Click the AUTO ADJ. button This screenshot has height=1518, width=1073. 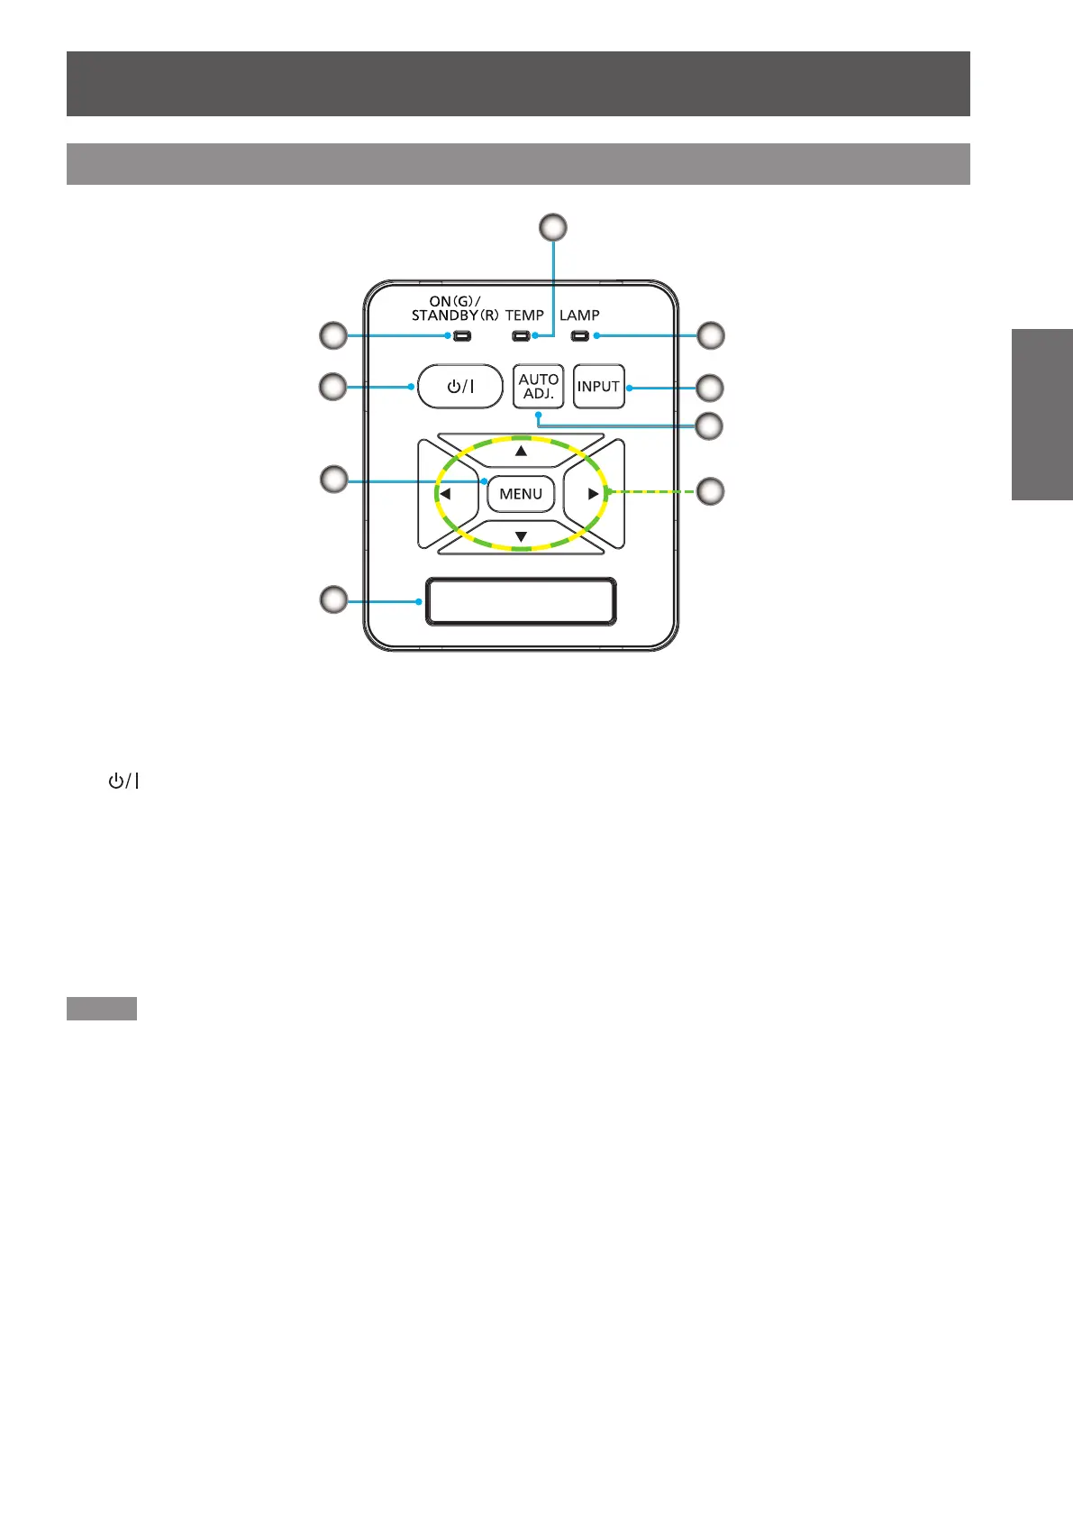pos(538,387)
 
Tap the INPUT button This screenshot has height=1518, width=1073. pos(598,387)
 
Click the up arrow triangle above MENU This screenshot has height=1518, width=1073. pos(521,450)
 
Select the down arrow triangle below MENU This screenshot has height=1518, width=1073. pos(521,537)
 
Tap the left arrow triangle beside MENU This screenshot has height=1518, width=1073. pos(444,494)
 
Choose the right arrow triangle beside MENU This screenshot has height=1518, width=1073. pos(593,494)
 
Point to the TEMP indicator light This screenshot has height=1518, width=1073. pos(520,336)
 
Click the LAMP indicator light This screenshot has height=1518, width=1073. pos(579,336)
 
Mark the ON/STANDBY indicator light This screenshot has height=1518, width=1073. pos(461,336)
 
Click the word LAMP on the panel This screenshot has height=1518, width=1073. pos(579,315)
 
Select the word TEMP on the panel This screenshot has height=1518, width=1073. pos(524,315)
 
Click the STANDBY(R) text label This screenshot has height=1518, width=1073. pos(454,315)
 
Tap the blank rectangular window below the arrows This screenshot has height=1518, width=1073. pos(521,601)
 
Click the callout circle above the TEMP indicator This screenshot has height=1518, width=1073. pos(553,227)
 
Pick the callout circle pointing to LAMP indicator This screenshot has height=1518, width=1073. pos(710,335)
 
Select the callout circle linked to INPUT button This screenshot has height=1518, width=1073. pos(710,388)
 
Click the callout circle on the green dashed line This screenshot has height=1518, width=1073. pos(710,491)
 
